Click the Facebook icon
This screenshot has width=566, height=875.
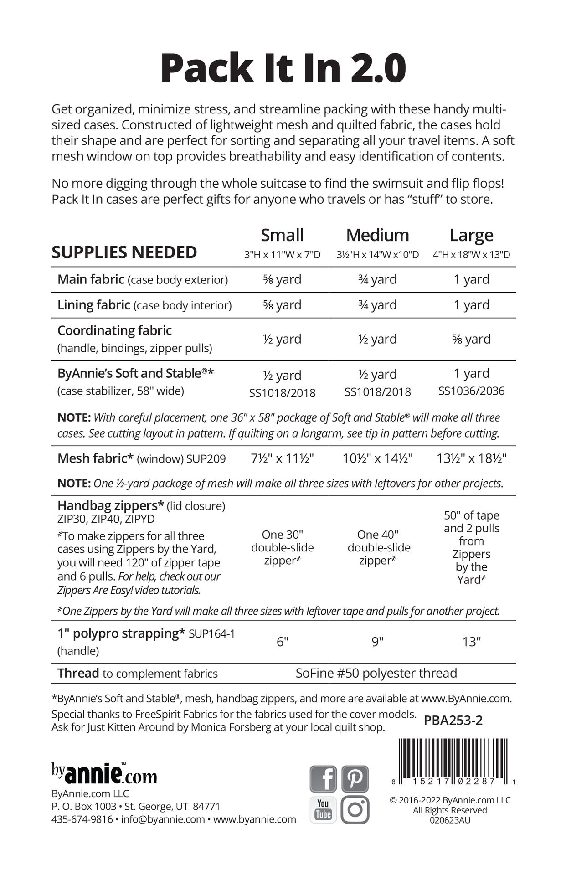(323, 778)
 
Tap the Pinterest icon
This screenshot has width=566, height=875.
(355, 778)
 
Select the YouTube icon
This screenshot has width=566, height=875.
(323, 810)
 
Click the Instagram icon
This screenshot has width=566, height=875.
(355, 810)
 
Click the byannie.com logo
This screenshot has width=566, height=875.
(104, 774)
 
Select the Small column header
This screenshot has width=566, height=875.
(282, 235)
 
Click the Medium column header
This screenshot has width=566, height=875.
(377, 235)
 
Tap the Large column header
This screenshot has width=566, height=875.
(471, 235)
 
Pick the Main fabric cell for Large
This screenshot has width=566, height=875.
(471, 279)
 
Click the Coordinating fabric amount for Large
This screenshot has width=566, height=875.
(471, 339)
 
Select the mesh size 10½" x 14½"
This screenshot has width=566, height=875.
(377, 458)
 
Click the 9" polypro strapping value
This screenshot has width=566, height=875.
(377, 642)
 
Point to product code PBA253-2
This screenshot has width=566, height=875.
(453, 720)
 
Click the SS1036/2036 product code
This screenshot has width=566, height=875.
(471, 391)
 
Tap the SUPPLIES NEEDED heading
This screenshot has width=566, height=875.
(124, 252)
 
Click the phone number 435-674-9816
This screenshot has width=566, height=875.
(82, 819)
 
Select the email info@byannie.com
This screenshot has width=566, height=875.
(163, 819)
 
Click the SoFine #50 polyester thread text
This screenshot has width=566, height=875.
(376, 673)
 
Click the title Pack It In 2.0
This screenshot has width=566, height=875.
(283, 68)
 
